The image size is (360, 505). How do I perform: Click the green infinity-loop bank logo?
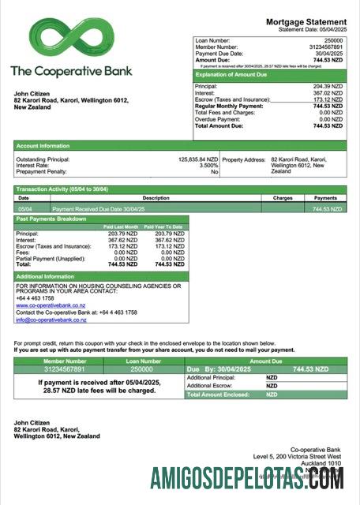point(71,38)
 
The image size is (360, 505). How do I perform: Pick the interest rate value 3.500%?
point(207,165)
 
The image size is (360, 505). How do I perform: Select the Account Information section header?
point(43,145)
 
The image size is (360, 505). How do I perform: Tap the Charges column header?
point(282,198)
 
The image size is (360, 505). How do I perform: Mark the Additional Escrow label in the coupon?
point(210,386)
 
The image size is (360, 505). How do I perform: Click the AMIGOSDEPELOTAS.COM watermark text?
point(247,477)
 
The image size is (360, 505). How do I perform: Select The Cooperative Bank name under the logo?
point(71,71)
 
